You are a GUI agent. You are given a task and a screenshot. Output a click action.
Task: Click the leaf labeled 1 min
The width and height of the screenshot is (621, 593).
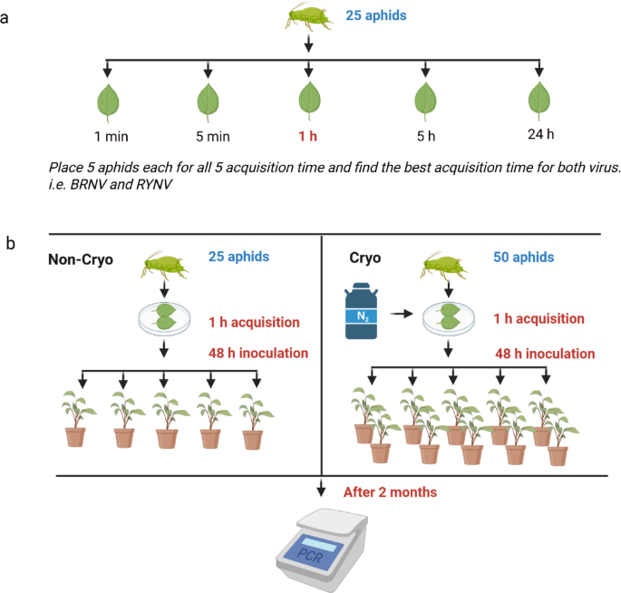(x=108, y=100)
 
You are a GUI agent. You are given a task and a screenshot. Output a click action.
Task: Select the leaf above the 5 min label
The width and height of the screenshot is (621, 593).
(x=209, y=100)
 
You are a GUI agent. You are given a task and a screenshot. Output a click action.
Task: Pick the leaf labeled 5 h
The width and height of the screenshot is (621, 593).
(x=424, y=100)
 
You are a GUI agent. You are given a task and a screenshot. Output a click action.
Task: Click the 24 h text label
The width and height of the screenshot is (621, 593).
(x=540, y=136)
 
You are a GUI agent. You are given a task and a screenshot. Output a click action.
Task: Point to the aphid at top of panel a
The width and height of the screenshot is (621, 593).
(x=310, y=16)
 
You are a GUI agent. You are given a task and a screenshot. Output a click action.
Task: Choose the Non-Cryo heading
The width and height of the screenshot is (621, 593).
(x=82, y=261)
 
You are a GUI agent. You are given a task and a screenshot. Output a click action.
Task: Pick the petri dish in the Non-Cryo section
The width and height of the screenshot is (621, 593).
(x=163, y=316)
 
